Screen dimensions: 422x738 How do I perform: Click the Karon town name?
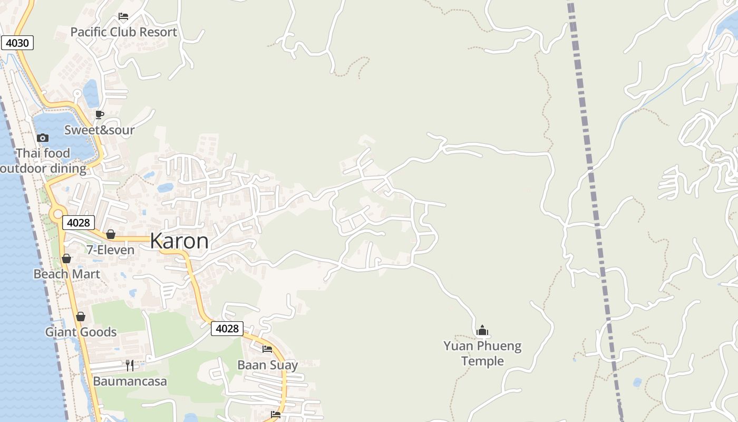[x=179, y=241]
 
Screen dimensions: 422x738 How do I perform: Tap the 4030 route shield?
[x=17, y=43]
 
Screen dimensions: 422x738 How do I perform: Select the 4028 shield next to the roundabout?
[x=79, y=223]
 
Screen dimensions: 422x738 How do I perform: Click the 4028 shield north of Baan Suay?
[x=227, y=329]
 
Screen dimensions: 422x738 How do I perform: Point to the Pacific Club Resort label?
[x=124, y=32]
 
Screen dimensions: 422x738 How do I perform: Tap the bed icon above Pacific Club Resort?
[x=123, y=16]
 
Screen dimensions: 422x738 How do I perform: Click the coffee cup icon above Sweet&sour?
[x=100, y=114]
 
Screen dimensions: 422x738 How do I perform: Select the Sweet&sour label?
[x=100, y=130]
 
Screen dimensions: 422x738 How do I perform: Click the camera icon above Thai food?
[x=43, y=138]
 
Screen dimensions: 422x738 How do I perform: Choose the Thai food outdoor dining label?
[x=43, y=161]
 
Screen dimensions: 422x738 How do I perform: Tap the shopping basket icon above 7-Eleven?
[x=111, y=234]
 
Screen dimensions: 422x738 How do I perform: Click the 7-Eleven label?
[x=111, y=250]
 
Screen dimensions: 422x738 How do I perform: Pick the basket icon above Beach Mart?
[x=66, y=258]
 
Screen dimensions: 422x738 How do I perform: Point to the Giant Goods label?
[x=81, y=332]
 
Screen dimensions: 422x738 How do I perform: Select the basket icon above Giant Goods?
[x=81, y=316]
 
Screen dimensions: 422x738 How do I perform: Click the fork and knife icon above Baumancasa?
[x=130, y=365]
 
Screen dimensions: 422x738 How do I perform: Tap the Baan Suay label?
[x=267, y=365]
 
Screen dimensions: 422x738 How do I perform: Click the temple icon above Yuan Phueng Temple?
[x=482, y=331]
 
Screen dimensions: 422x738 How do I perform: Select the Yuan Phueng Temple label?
[x=482, y=353]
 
